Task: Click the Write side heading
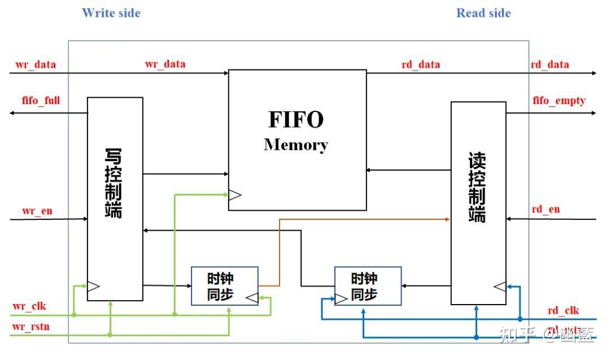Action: click(111, 13)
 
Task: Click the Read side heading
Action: click(483, 13)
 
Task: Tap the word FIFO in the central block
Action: click(296, 120)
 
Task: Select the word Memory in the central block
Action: click(296, 145)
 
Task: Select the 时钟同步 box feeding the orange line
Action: click(224, 286)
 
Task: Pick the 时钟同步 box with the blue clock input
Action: click(368, 286)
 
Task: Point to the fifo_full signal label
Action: click(41, 101)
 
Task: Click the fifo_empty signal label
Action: click(559, 101)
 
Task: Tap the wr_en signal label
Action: click(37, 211)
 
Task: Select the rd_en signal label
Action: click(546, 209)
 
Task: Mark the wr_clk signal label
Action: click(29, 307)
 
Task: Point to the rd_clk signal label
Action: click(563, 310)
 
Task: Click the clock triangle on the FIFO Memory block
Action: click(234, 195)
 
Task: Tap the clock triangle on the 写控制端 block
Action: click(94, 286)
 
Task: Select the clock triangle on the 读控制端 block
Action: click(500, 287)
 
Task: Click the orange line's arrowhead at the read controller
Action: click(447, 219)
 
